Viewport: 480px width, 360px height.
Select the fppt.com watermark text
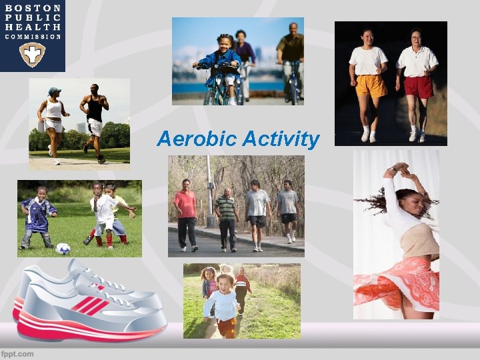click(x=17, y=353)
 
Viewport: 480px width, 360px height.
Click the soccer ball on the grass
click(x=63, y=248)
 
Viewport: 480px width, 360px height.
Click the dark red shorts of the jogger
click(x=418, y=87)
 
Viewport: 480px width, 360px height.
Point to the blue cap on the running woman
click(x=54, y=91)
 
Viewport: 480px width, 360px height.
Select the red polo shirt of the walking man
click(x=185, y=204)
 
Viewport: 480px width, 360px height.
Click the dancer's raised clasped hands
click(x=399, y=167)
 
